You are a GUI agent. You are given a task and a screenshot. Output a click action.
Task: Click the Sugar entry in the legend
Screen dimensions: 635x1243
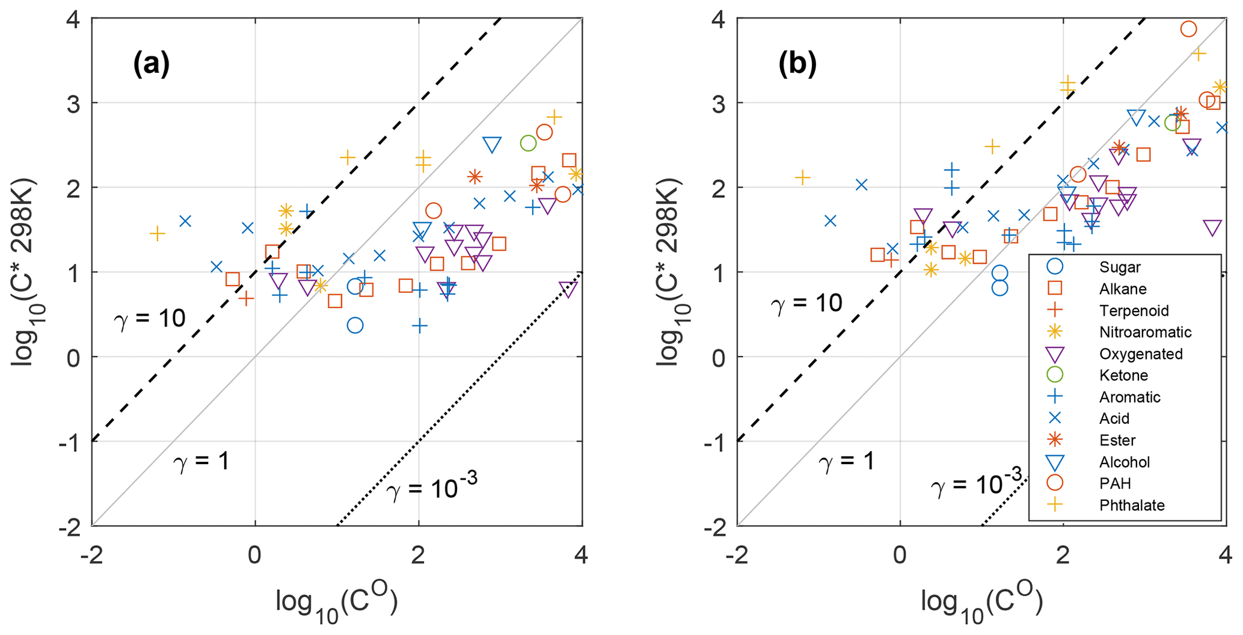point(1120,267)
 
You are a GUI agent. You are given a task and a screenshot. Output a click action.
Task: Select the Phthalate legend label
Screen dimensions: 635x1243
point(1132,505)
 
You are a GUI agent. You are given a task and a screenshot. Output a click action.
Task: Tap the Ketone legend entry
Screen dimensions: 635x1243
point(1123,375)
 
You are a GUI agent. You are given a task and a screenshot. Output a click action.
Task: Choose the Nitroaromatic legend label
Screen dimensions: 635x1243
point(1145,332)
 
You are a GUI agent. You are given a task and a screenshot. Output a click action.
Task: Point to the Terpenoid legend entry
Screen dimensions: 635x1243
point(1134,310)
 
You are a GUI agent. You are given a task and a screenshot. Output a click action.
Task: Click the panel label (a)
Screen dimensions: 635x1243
point(151,64)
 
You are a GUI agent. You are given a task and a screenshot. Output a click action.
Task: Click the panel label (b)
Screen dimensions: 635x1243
point(797,64)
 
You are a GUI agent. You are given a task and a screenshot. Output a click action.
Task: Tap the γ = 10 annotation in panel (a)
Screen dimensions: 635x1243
point(150,318)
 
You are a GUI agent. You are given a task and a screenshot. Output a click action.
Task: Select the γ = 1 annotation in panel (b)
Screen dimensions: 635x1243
point(846,462)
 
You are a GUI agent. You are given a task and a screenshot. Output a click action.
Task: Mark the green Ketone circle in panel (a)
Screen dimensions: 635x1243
point(528,143)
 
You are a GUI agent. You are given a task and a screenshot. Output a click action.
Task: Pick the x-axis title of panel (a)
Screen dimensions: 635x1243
point(337,604)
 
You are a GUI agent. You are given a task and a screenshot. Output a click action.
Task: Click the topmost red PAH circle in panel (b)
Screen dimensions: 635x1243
point(1188,29)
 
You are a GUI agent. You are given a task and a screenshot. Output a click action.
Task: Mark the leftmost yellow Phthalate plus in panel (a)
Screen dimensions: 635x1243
point(157,233)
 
